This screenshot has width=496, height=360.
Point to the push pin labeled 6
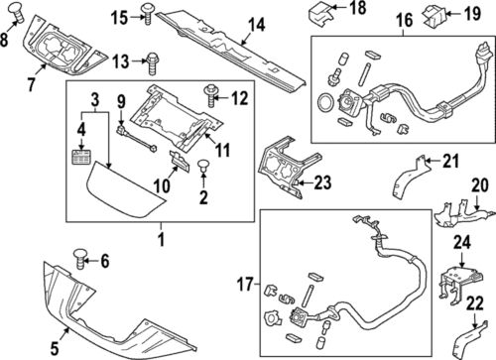(77, 262)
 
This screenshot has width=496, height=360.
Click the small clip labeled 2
(204, 167)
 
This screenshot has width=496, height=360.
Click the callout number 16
(404, 19)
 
